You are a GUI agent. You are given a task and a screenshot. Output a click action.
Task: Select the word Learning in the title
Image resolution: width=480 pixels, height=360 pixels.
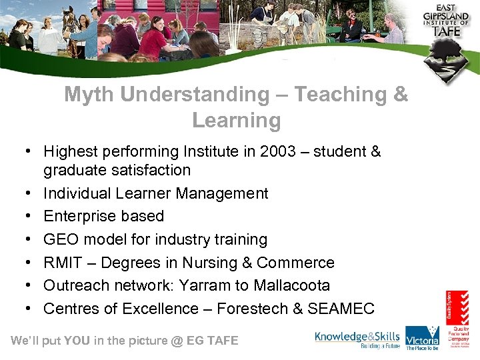coord(236,121)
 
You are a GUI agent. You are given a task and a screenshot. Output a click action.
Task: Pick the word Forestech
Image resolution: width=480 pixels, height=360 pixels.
coord(255,309)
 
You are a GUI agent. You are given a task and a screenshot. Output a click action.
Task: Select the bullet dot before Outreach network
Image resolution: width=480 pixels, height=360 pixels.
coord(32,286)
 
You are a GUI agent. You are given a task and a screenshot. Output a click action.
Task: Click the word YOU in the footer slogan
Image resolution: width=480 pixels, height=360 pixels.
coord(77,341)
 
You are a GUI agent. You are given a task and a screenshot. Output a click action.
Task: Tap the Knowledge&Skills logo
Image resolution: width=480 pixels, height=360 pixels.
coord(357,339)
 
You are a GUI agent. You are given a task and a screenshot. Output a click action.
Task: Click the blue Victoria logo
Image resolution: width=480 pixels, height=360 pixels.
coord(423,338)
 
